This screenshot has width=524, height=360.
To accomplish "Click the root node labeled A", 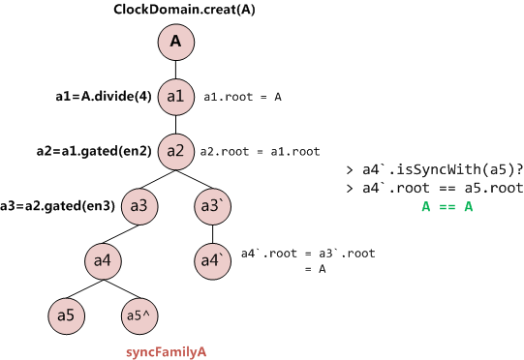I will click(175, 42).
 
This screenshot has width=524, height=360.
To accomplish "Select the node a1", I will click(175, 97).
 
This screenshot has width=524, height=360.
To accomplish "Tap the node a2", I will click(175, 151).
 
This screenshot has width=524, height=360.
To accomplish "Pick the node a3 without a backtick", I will click(139, 206).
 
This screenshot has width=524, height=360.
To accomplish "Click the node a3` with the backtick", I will click(211, 206).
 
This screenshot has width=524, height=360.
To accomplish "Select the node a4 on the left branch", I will click(102, 260).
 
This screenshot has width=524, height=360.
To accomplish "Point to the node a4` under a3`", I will click(211, 260).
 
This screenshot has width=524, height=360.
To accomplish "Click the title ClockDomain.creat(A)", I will click(175, 11).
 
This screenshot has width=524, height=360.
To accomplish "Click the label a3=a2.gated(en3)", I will click(58, 206).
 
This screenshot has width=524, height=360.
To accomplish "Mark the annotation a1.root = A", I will click(242, 98).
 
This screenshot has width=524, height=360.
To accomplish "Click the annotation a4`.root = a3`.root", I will click(307, 254).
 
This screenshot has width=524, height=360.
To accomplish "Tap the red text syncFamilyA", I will click(167, 349).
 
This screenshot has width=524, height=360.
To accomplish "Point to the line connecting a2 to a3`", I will click(194, 179).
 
